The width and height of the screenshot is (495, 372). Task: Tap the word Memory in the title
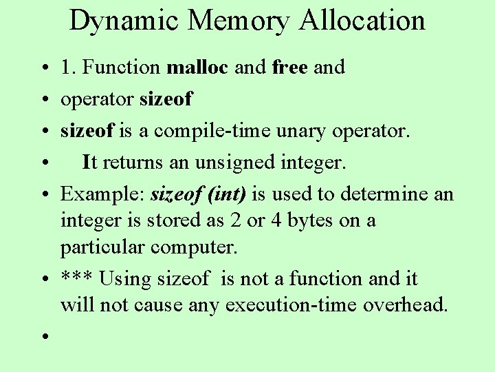click(x=238, y=21)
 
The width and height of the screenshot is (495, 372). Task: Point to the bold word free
click(x=289, y=67)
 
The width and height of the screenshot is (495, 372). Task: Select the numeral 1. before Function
click(x=69, y=67)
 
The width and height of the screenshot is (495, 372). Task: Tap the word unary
click(x=322, y=131)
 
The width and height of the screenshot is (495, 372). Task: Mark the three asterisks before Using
click(x=76, y=278)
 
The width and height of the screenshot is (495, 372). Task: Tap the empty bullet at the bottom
click(x=43, y=336)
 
